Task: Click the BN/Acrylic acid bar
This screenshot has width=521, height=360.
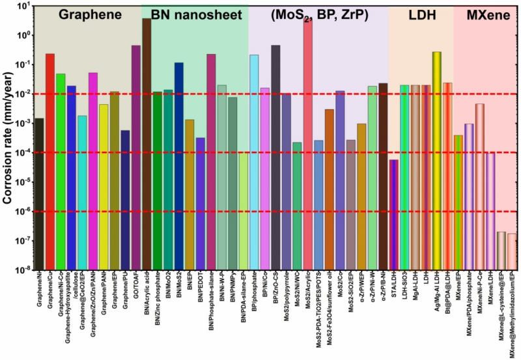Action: pos(147,143)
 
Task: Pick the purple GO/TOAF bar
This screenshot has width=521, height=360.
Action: pos(135,157)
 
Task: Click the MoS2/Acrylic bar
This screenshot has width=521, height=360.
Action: pos(308,143)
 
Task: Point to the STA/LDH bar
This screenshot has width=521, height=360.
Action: pos(393,214)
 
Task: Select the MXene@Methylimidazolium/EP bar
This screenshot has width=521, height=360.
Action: pos(511,251)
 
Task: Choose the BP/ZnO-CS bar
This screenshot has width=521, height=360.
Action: pos(275,157)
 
